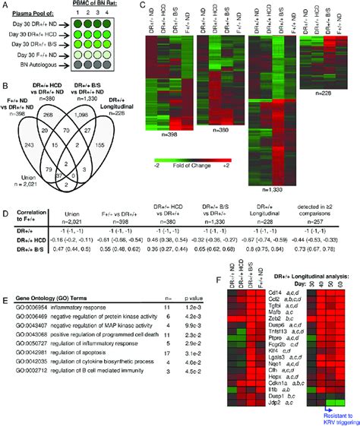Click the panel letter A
click(5, 6)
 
